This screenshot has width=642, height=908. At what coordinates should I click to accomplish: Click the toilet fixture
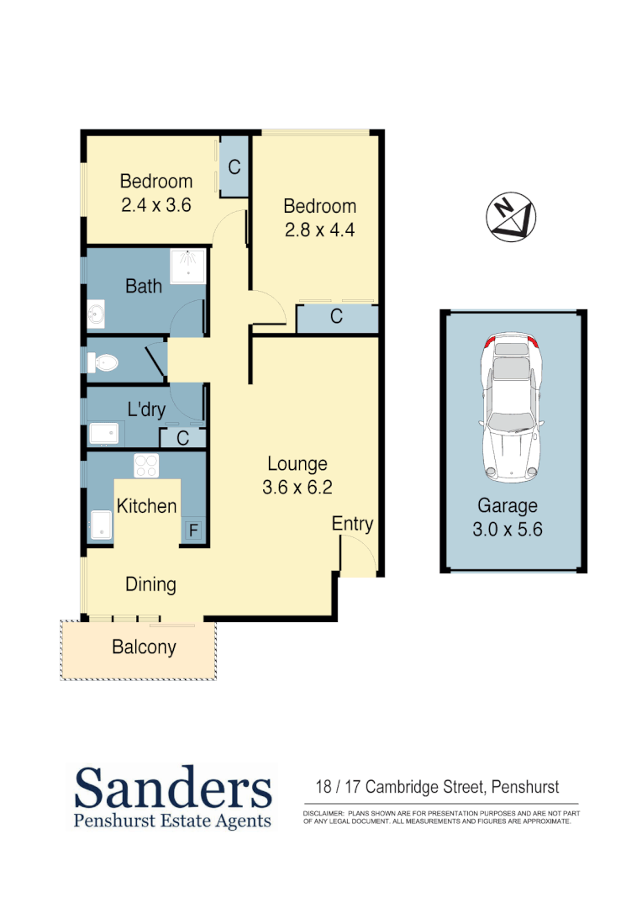point(103,363)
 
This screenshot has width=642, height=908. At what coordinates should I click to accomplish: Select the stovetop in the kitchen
point(146,465)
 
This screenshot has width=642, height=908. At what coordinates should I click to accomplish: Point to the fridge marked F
point(192,531)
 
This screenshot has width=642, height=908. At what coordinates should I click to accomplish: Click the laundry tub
point(105,434)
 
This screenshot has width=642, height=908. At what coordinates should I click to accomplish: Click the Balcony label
point(144,647)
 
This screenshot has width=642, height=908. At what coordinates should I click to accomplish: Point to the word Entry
point(352,524)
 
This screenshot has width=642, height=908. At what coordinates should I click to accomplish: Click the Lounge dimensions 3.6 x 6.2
point(297,487)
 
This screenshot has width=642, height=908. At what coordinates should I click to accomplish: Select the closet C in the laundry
point(182,438)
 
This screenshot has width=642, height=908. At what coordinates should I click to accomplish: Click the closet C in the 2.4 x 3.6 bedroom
point(234,166)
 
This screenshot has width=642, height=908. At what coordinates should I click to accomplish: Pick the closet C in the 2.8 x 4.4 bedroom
point(336,317)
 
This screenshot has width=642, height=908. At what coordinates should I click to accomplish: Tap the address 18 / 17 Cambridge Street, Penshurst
point(437,788)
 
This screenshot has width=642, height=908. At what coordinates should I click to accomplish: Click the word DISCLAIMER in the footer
point(324,815)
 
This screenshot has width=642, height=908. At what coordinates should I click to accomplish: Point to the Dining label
point(151,584)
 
